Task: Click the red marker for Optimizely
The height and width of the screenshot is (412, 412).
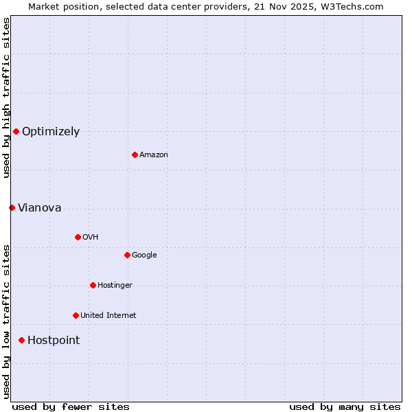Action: click(x=16, y=131)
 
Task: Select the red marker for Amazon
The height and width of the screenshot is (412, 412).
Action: click(x=135, y=154)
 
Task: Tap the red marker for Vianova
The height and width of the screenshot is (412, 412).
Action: click(x=12, y=207)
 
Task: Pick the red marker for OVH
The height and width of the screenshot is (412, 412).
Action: click(x=78, y=237)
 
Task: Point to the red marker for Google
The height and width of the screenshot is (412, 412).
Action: click(x=127, y=255)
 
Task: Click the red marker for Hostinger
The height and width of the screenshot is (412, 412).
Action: click(x=93, y=285)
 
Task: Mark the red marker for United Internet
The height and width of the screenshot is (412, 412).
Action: click(x=76, y=315)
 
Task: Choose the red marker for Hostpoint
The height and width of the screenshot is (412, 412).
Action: click(x=21, y=340)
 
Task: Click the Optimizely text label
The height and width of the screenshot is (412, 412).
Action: click(x=51, y=132)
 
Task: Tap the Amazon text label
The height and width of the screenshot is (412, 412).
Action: click(x=154, y=155)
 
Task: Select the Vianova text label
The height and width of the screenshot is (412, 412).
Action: click(x=39, y=208)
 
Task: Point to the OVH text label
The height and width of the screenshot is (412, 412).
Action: click(x=91, y=238)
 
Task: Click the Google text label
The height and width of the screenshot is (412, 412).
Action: click(x=144, y=255)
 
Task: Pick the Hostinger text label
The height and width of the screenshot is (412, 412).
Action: click(x=115, y=286)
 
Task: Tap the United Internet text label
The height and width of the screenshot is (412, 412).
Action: click(x=108, y=316)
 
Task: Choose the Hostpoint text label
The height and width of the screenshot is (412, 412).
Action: click(x=54, y=341)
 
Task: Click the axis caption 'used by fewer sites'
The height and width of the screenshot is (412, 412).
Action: click(x=71, y=407)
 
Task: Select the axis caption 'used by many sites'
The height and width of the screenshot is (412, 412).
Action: click(x=345, y=407)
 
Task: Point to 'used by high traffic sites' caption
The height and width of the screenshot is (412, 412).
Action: click(x=6, y=98)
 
